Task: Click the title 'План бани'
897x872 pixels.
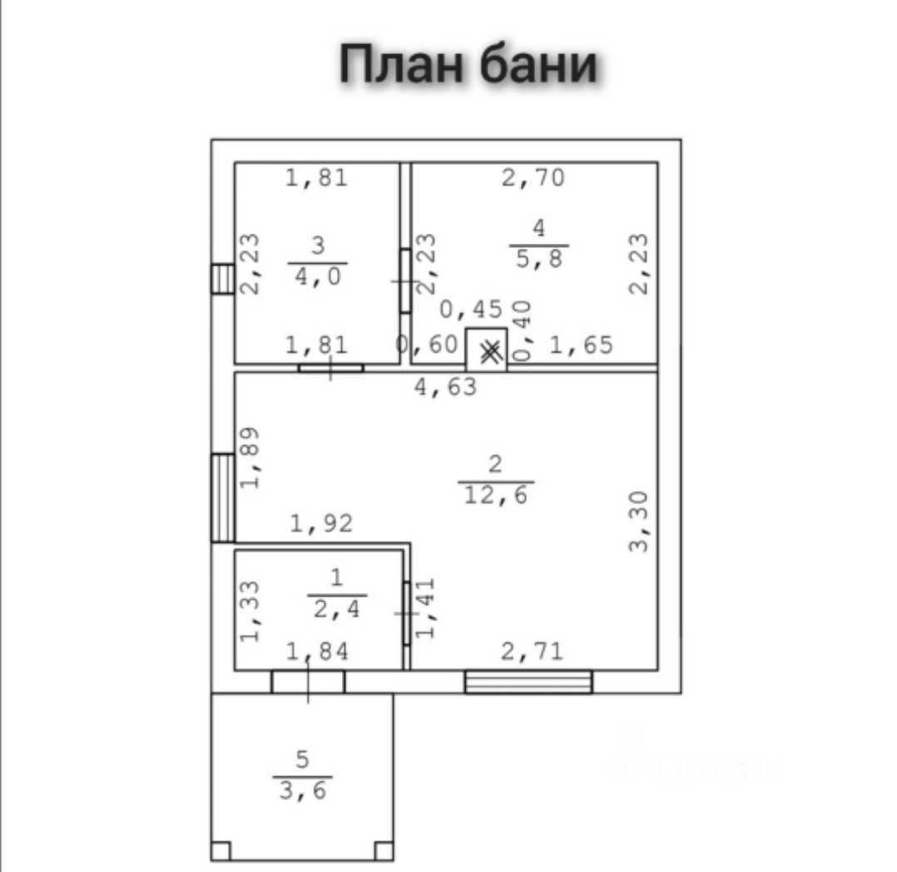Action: [x=468, y=65]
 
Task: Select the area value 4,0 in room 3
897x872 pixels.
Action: [x=318, y=274]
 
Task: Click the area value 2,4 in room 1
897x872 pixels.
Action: [x=337, y=609]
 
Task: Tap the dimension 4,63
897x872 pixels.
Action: [x=446, y=386]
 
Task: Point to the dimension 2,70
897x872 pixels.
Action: [x=533, y=177]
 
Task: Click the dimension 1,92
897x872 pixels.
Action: [x=321, y=523]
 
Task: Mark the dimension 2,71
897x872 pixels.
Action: [x=531, y=651]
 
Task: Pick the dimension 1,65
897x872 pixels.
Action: [x=581, y=344]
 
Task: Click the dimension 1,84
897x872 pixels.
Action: [x=317, y=652]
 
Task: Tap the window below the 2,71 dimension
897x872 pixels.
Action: [x=528, y=682]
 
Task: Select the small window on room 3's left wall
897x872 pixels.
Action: [x=222, y=278]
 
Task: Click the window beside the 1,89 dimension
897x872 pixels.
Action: [x=223, y=497]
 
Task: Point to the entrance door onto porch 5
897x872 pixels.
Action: [x=308, y=681]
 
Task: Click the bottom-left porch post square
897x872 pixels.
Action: [x=221, y=850]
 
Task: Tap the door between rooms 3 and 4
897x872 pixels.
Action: [x=405, y=281]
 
